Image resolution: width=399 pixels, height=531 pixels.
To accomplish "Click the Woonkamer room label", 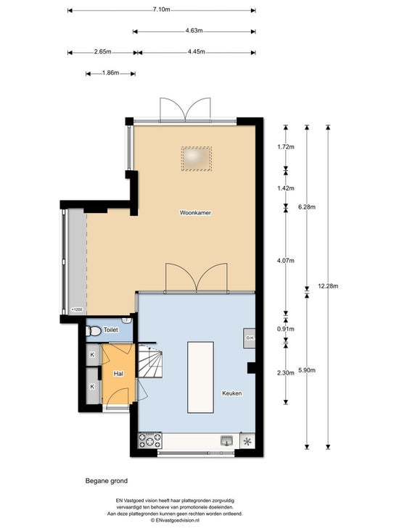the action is [195, 213].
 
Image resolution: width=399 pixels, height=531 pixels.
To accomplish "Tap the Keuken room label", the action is [232, 393].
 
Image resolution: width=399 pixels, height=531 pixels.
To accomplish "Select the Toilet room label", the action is [111, 330].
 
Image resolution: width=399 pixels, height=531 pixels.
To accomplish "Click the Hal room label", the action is [118, 374].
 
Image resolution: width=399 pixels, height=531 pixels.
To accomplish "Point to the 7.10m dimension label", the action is [161, 9].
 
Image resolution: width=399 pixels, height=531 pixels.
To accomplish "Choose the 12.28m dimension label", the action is [328, 286].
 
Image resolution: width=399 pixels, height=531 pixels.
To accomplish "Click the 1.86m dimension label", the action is [110, 72].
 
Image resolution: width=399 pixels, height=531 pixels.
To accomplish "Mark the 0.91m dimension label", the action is [286, 329].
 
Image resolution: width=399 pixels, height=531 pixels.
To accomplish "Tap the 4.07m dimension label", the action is [286, 260].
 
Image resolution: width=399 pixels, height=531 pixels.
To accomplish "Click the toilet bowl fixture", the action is [94, 331].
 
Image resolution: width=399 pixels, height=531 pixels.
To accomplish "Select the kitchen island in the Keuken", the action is [200, 377].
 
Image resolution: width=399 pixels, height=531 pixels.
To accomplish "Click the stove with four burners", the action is [149, 440].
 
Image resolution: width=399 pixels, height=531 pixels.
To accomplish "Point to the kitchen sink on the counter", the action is [227, 440].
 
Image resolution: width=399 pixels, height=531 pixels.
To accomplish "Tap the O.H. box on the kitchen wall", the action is [250, 338].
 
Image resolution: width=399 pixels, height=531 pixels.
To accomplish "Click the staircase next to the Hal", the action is [150, 361].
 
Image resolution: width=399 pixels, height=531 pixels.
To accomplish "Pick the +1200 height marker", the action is [77, 309].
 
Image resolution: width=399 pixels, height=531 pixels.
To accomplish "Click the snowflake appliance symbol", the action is [247, 441].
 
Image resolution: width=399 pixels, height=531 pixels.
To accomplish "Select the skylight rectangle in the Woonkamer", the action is [197, 159].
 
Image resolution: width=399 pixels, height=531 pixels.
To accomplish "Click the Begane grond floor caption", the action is [107, 480].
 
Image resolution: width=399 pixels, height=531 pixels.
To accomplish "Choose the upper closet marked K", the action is [93, 354].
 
